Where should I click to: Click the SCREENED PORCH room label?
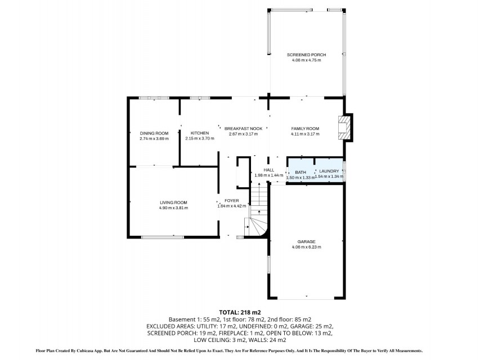point(307,55)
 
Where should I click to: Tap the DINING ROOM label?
point(154,133)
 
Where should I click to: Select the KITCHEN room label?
point(200,133)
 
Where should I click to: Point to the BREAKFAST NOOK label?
point(243,129)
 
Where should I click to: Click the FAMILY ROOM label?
point(305,129)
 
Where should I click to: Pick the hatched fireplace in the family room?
point(344,127)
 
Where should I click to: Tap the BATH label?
point(300,172)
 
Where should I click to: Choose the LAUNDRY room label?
point(329,171)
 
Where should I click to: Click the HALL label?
point(269,170)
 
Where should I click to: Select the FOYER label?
point(232,200)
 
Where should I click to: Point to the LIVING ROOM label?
point(173,202)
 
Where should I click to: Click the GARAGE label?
point(306,241)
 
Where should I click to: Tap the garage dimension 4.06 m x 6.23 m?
point(307,247)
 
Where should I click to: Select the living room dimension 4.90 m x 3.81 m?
point(173,208)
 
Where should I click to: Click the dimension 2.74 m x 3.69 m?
point(154,139)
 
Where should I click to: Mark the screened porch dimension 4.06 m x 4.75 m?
point(307,60)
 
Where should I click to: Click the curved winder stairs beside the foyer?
point(257,227)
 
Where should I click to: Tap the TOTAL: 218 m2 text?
point(240,312)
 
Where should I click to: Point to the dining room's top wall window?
point(154,98)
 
